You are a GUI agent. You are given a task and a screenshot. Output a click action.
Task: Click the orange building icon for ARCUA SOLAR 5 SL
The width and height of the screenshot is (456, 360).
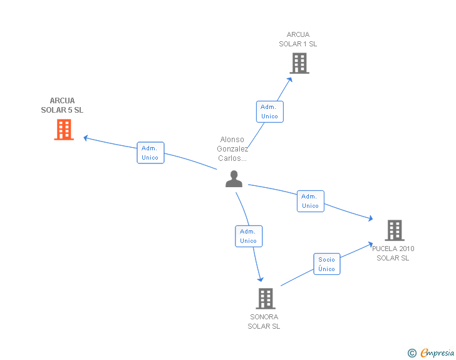coord(64,130)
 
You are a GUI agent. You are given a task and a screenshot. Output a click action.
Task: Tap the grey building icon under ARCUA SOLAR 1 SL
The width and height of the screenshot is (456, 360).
coord(299,63)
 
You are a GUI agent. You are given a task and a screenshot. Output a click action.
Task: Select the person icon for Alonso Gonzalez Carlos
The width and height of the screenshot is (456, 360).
coord(234,179)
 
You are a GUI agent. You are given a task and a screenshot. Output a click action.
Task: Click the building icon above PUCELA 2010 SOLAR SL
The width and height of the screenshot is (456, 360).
coord(395,230)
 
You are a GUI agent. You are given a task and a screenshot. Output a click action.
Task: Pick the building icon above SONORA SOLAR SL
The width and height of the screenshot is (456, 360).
coord(266,299)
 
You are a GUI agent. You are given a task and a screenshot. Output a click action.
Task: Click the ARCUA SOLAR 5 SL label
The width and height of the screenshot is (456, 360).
coord(62,105)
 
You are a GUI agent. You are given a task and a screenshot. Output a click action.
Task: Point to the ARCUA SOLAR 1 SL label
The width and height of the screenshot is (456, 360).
coord(298,39)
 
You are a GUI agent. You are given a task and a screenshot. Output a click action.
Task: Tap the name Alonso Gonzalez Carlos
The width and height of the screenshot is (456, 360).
coord(232,149)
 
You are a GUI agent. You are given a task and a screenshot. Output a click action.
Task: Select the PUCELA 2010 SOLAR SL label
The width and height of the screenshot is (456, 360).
coord(393,254)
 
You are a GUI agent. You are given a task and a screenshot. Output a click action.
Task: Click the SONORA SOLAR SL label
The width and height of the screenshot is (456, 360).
coord(264,321)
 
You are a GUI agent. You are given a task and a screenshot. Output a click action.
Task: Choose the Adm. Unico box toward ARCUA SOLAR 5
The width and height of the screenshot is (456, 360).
coord(150,153)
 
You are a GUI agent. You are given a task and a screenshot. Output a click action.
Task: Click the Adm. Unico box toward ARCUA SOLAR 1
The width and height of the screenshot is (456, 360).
coord(270,111)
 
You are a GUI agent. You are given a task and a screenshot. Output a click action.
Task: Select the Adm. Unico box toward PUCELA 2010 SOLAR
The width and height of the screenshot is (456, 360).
coord(311,201)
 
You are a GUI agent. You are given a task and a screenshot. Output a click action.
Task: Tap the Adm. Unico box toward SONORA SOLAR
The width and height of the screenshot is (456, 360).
coord(249,236)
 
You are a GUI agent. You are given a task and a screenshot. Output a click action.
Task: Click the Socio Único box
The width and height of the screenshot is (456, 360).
coord(327,264)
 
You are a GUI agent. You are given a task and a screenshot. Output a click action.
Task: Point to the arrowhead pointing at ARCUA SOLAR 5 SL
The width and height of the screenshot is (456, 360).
coord(85,138)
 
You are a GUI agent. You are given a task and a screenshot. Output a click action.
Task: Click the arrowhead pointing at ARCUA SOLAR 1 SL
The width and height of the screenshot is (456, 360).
coord(289,80)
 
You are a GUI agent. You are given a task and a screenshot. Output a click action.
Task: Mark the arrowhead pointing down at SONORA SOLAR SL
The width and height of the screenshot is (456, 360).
coord(261,279)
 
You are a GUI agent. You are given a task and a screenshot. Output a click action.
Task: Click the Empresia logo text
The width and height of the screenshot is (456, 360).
coord(437,352)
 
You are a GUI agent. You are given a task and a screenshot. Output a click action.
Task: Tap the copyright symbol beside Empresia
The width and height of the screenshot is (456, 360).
coord(412,353)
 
